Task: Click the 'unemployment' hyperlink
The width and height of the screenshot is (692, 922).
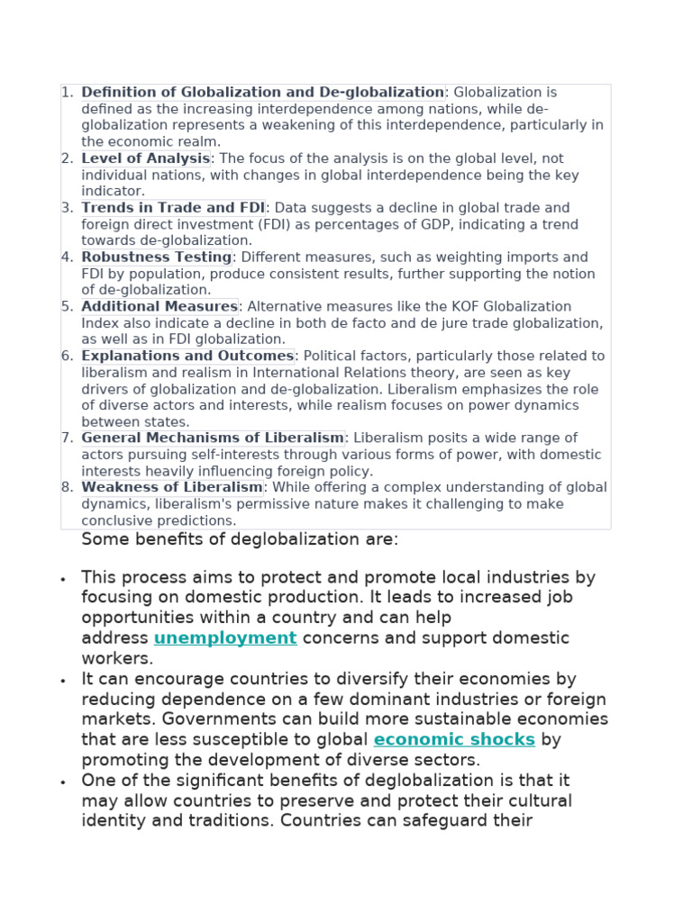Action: [x=224, y=638]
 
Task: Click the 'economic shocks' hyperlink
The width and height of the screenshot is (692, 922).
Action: [x=454, y=740]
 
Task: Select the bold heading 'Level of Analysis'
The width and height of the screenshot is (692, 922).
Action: [x=146, y=159]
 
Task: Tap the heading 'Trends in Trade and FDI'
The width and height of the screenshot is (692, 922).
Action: [x=173, y=208]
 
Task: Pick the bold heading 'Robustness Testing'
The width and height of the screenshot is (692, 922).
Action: [x=157, y=258]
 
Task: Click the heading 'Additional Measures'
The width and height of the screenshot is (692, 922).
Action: [x=159, y=307]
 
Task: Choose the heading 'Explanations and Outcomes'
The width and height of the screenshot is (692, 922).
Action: [x=187, y=357]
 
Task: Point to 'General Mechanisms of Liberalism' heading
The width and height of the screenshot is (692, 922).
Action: [x=213, y=438]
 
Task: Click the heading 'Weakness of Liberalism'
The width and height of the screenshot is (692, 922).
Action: [x=172, y=488]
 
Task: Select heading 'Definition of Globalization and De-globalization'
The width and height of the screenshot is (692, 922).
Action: [x=262, y=93]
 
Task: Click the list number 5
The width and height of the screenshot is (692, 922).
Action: [x=67, y=307]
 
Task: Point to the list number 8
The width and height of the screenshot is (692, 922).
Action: [x=67, y=488]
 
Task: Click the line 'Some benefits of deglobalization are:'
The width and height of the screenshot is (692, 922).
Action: [x=240, y=539]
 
